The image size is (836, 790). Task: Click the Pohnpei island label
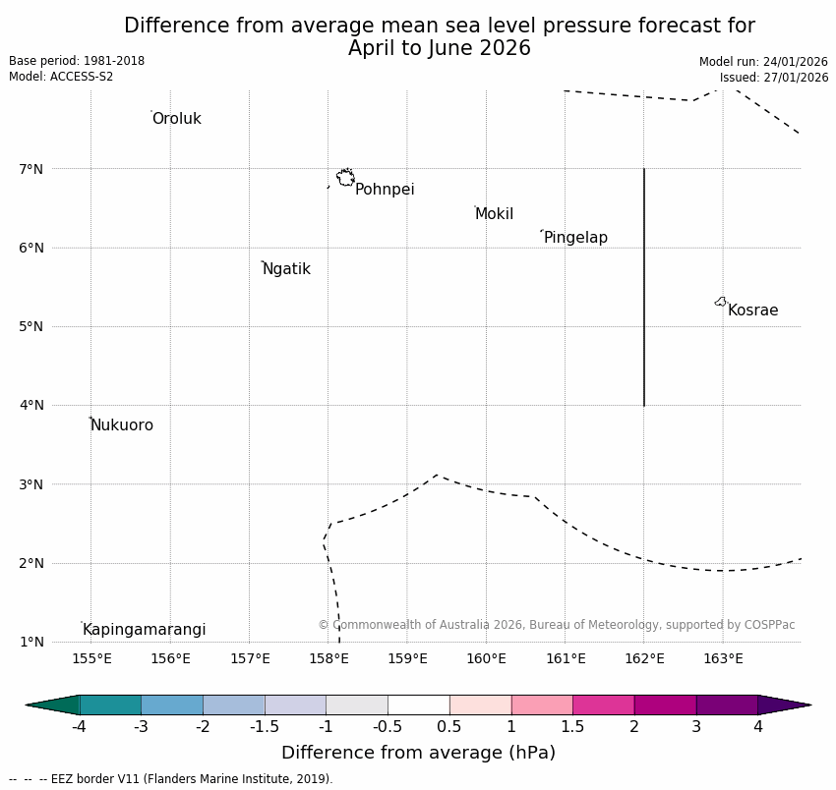point(385,190)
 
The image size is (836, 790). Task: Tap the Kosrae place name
point(752,310)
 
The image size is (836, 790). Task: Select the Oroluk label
point(176,119)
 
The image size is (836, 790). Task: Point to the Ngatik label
point(286,269)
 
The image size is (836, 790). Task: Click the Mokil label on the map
point(494,214)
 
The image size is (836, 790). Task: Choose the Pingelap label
point(575,238)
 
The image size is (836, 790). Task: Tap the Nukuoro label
point(122,425)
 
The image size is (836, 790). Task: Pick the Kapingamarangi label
point(144,630)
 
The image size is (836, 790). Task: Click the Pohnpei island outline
point(345,178)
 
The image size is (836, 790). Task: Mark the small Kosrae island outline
point(721,302)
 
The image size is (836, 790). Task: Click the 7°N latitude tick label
point(31,169)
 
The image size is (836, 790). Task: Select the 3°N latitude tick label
point(31,484)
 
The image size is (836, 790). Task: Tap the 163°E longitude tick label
point(723,658)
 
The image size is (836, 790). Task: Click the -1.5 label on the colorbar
point(265,727)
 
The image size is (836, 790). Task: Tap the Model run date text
point(763,62)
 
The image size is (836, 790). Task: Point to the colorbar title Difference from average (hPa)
point(418,754)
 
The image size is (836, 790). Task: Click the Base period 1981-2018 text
point(77,61)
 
